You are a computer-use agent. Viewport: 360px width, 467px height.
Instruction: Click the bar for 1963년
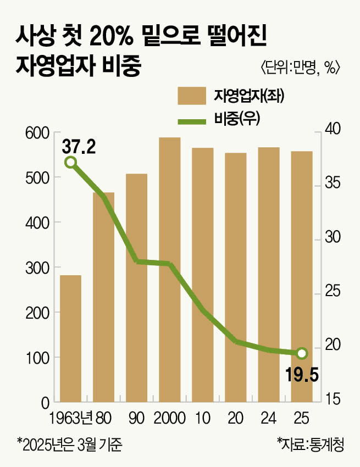pos(70,338)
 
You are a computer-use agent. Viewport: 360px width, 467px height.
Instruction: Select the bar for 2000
pos(170,269)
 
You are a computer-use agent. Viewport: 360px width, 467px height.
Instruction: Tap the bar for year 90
pos(137,288)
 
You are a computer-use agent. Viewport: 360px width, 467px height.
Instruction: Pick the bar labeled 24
pos(269,275)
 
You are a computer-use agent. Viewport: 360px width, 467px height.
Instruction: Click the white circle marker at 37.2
pos(70,162)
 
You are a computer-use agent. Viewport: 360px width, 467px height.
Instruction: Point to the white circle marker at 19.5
pos(301,353)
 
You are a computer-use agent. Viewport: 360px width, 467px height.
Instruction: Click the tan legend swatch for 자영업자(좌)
pos(191,96)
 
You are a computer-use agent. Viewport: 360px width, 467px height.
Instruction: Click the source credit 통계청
pos(328,443)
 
